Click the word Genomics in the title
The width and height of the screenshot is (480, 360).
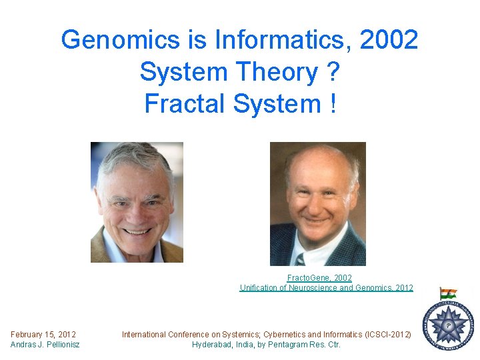[121, 41]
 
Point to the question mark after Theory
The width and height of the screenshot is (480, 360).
[333, 72]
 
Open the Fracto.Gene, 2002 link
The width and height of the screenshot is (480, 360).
[319, 277]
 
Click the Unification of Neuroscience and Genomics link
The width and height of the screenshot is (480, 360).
[326, 288]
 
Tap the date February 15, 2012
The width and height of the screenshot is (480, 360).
[43, 334]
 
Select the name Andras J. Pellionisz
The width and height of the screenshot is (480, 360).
[45, 344]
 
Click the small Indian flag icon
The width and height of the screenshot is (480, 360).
[448, 294]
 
